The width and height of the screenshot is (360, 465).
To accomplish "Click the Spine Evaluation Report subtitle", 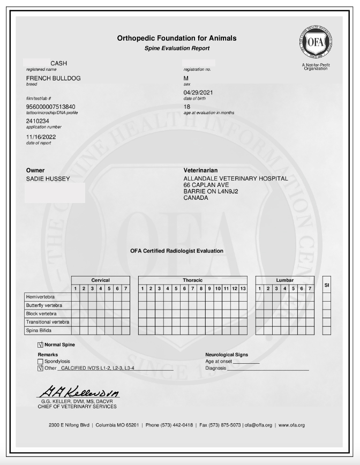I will [x=176, y=48].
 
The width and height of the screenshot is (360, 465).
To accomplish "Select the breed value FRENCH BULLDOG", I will [x=53, y=78].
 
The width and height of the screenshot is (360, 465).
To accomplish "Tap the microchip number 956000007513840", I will [x=51, y=107].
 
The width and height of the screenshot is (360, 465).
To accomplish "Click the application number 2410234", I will [x=37, y=121].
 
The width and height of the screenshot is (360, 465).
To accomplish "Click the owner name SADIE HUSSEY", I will [x=48, y=178].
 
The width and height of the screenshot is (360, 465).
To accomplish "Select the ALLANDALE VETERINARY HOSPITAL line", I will [x=236, y=178].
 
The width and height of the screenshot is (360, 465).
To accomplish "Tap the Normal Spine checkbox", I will [x=41, y=345].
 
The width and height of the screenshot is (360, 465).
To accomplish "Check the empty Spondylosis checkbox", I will [x=41, y=362].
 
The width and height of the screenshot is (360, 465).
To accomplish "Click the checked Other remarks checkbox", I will [x=41, y=369].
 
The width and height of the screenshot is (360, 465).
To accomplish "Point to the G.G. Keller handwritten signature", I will [x=78, y=393].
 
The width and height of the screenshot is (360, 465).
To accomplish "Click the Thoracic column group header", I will [x=192, y=280].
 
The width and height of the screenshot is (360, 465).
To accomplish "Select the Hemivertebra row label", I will [x=41, y=297].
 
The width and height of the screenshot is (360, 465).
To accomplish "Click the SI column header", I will [x=326, y=284].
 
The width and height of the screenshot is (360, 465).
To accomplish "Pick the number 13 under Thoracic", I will [x=243, y=289].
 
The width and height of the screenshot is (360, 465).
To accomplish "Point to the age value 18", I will [x=186, y=107].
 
